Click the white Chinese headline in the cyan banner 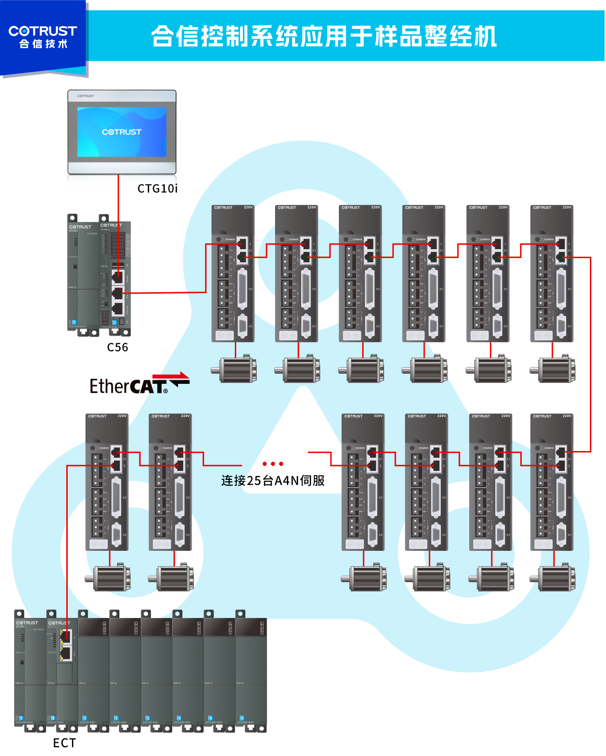tap(324, 36)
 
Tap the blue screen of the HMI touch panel tap(122, 132)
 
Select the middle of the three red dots tap(273, 464)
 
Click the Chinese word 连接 tap(233, 481)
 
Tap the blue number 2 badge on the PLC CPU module tap(114, 322)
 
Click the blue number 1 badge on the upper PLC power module tap(74, 322)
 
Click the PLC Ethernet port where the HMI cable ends tap(118, 277)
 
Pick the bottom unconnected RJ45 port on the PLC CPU tap(118, 309)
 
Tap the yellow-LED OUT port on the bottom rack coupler tap(66, 653)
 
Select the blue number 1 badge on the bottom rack tap(21, 718)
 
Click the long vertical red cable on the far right tap(590, 355)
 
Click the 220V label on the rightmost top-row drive tap(567, 208)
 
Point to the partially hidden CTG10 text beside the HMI tap(156, 188)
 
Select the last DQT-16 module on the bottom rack tap(251, 671)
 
